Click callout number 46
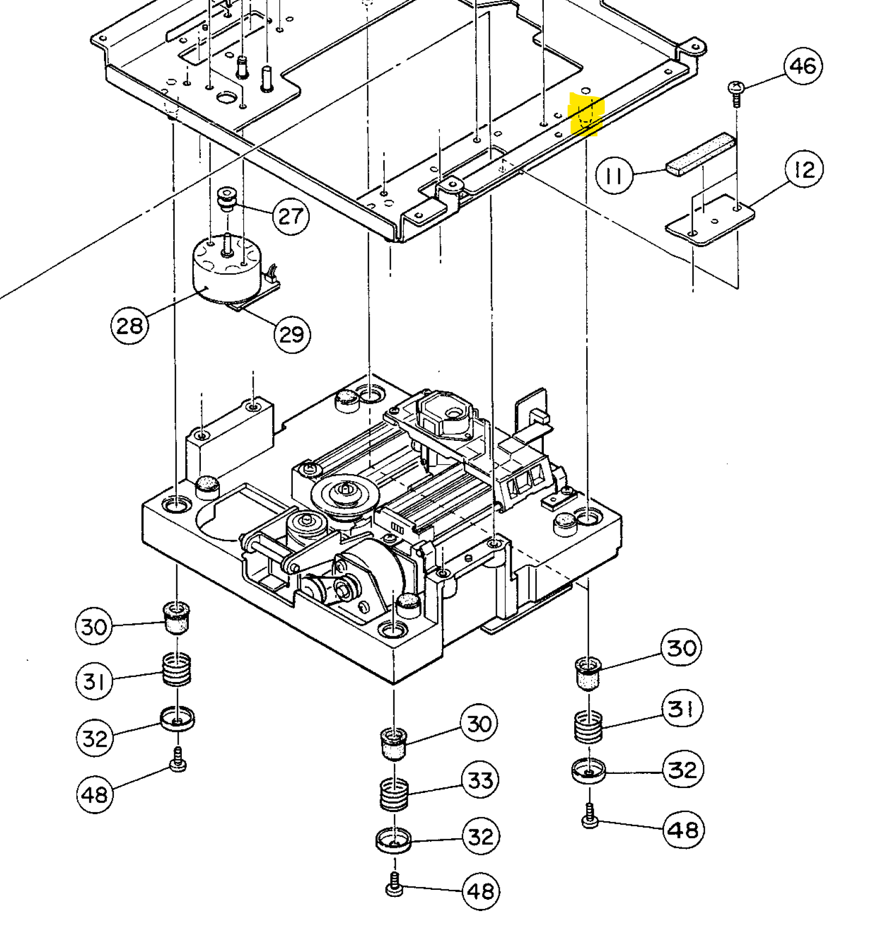point(803,66)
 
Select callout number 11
point(615,176)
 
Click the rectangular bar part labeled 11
point(701,154)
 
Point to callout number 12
point(804,169)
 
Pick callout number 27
point(291,217)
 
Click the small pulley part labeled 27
point(226,198)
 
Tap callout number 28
point(130,325)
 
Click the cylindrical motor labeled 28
point(224,268)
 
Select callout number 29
point(292,334)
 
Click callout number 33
point(480,780)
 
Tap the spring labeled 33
point(394,793)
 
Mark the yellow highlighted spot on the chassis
point(585,114)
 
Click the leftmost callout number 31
point(94,681)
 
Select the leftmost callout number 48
point(95,795)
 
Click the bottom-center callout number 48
point(480,891)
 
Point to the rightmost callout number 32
point(683,770)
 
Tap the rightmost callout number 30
point(681,648)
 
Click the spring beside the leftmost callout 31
point(177,669)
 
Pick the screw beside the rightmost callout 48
point(590,816)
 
